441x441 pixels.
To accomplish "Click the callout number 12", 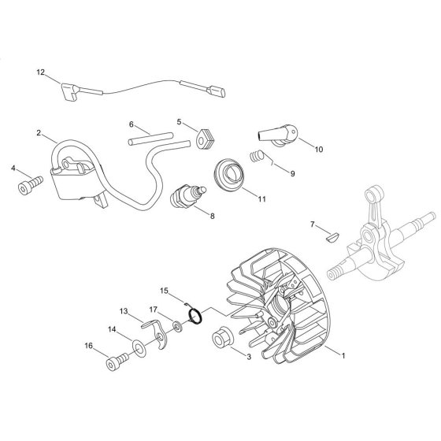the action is coord(40,72).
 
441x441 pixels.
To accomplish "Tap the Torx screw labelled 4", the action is coord(30,185).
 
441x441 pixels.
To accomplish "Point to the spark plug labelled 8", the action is coord(188,196).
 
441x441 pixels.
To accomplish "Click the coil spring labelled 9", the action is coord(257,156).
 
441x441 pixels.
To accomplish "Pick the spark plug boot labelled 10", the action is coord(277,135).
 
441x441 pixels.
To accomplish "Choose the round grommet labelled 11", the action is coord(230,175).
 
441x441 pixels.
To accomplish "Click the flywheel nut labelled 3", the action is coord(223,338).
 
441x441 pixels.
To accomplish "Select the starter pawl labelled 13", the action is coord(156,333).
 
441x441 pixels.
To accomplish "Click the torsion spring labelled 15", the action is coord(195,315).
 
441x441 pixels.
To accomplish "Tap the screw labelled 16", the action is coord(117,361).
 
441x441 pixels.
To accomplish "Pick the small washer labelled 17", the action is coord(177,327).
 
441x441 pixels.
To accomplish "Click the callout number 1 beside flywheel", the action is coord(343,355).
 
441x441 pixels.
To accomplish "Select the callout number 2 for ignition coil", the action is coord(39,132).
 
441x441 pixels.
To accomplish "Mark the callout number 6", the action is coord(131,124).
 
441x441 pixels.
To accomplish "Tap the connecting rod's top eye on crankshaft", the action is coord(374,194).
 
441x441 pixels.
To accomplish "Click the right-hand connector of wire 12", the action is coord(216,91).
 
